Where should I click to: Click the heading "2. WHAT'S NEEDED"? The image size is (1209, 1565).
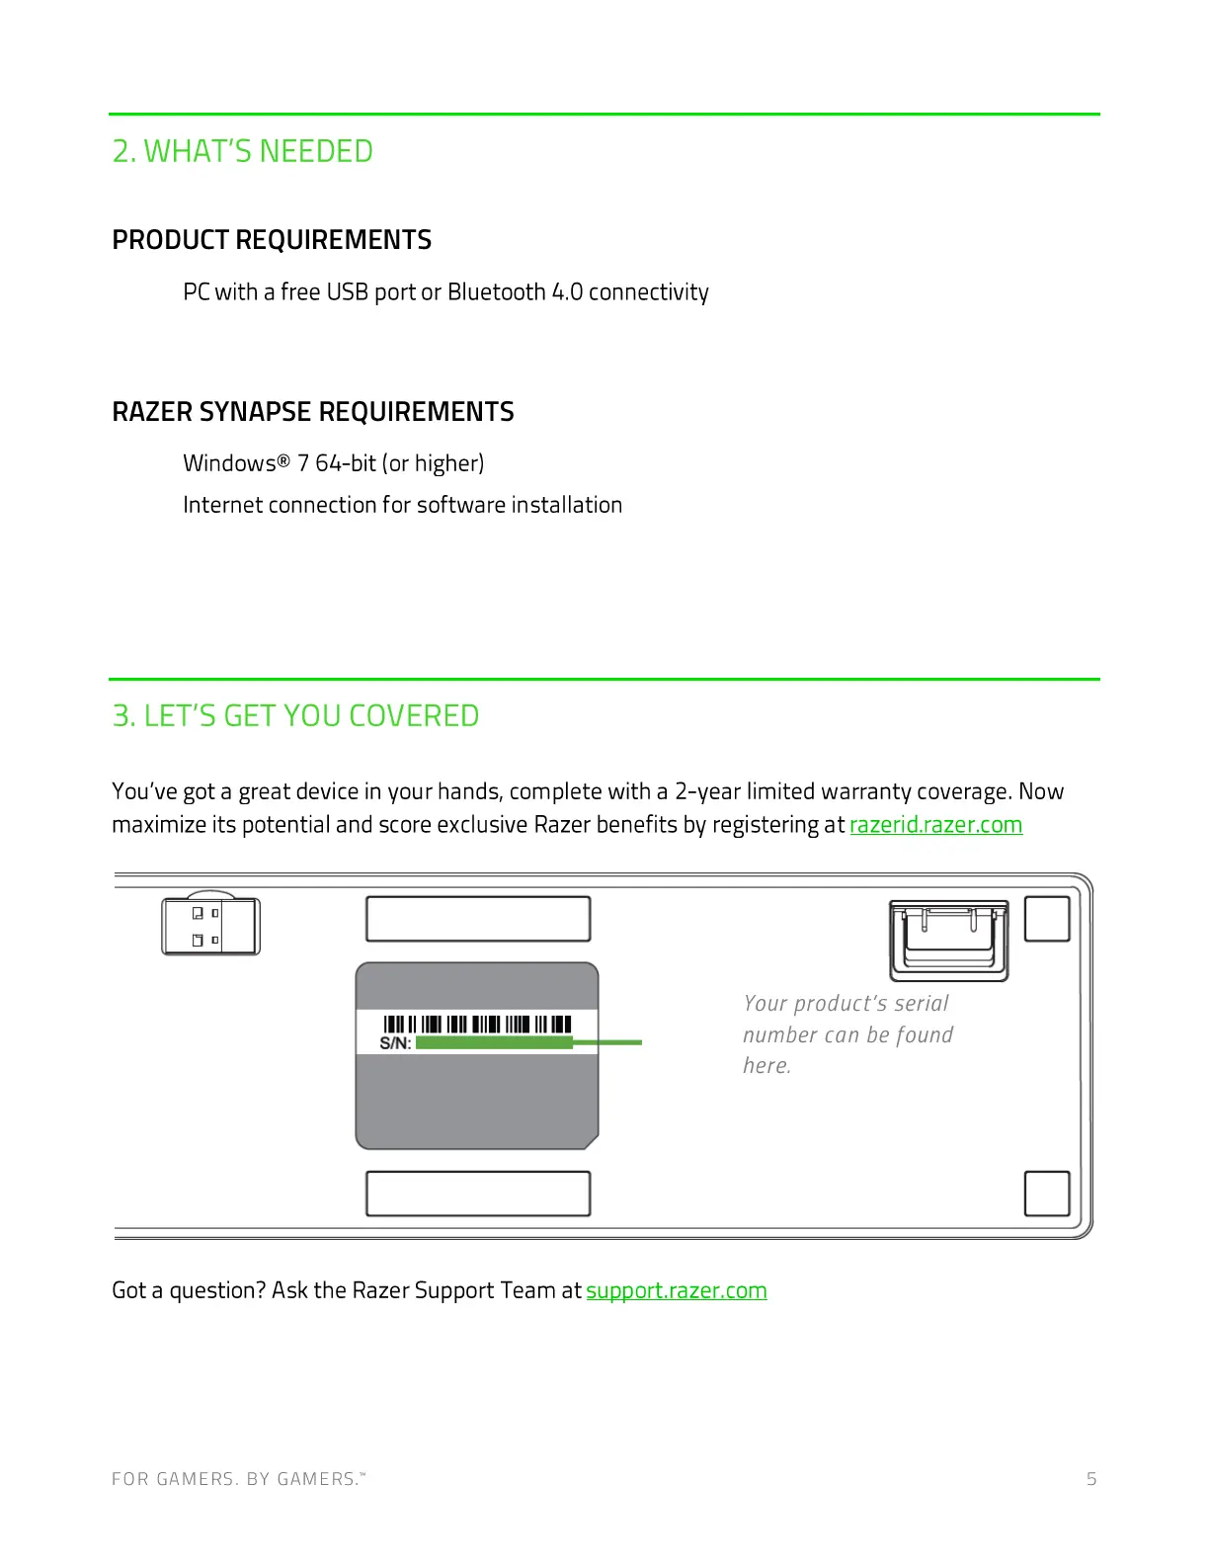(242, 151)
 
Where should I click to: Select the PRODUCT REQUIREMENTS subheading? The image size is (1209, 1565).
(272, 240)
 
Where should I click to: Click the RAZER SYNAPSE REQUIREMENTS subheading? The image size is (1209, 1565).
(313, 412)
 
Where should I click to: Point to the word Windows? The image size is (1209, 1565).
(229, 463)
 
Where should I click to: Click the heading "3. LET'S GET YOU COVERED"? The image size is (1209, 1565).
(295, 715)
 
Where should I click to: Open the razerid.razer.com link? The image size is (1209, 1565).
(935, 825)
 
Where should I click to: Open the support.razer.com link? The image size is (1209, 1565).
(677, 1290)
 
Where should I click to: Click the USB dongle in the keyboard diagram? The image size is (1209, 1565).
(210, 926)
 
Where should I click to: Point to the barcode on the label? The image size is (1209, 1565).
(477, 1024)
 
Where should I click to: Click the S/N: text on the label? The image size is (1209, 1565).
(395, 1043)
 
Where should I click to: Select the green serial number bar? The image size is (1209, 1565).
(494, 1042)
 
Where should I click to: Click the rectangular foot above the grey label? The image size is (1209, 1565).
(478, 919)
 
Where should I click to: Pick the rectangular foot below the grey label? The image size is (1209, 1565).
(478, 1194)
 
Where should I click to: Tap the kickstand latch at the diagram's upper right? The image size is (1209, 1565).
(949, 940)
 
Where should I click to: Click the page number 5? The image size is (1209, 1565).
(1091, 1479)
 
